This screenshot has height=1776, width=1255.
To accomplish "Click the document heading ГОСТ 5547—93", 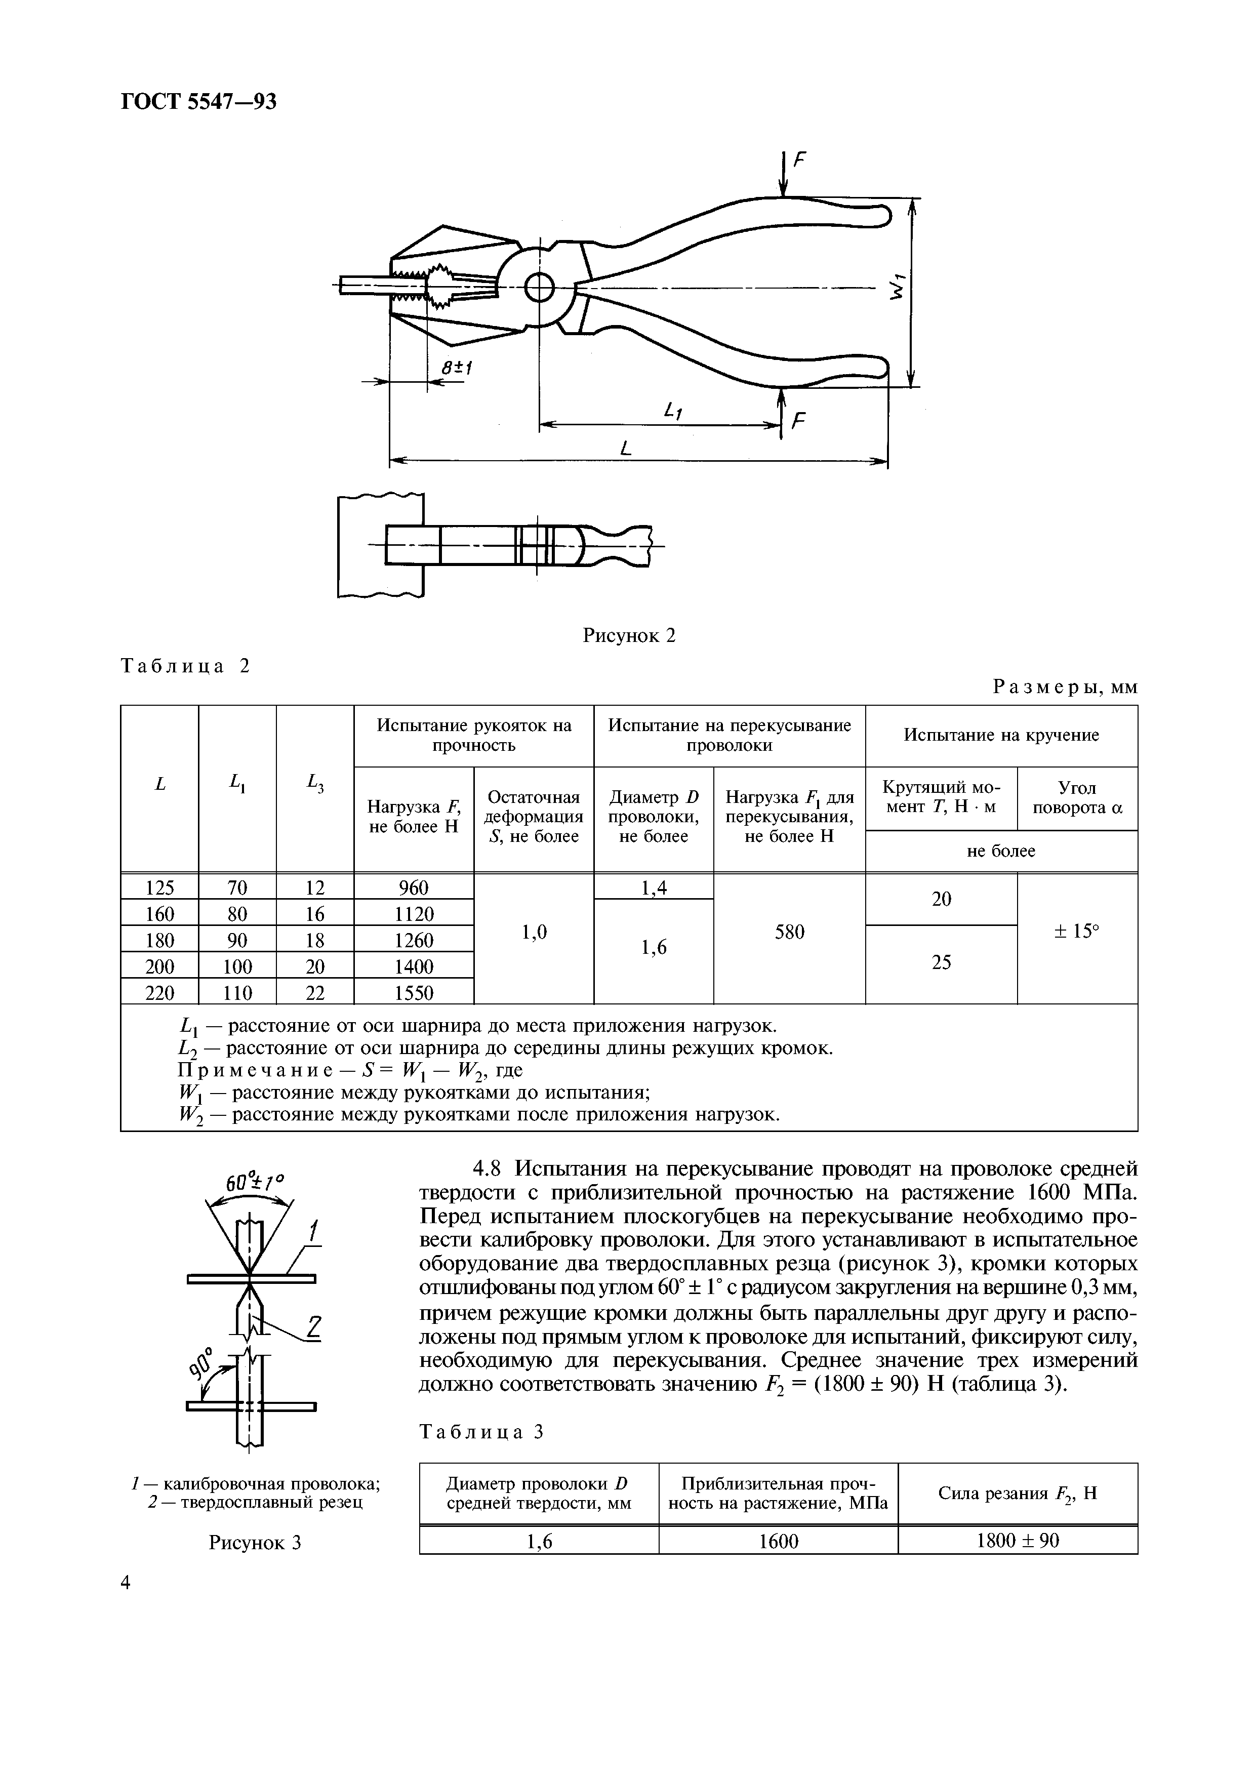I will coord(199,102).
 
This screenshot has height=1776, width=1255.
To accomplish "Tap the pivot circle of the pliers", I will coord(539,289).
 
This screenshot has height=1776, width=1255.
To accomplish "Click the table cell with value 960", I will coord(414,887).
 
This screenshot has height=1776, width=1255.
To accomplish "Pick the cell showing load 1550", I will coord(414,992).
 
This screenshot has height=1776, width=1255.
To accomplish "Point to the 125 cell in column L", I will coord(159,887).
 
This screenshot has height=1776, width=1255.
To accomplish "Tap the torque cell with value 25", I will coord(941,962).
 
